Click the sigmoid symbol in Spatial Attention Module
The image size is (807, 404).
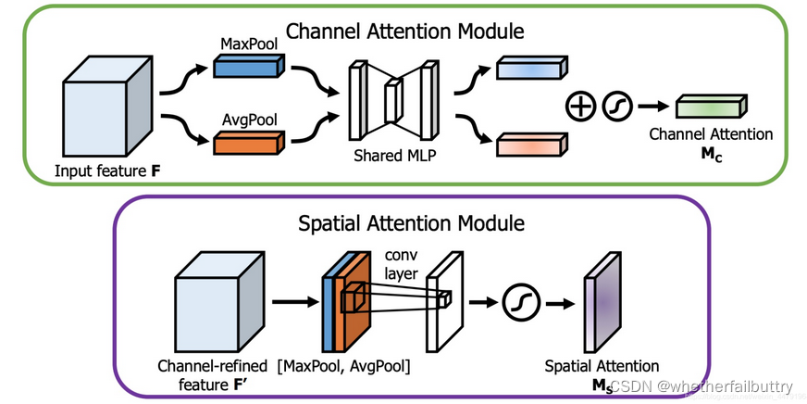point(518,302)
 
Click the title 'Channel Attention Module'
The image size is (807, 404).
point(405,31)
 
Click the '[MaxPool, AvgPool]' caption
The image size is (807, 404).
point(344,367)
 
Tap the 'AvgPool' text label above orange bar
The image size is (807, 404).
point(245,118)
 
